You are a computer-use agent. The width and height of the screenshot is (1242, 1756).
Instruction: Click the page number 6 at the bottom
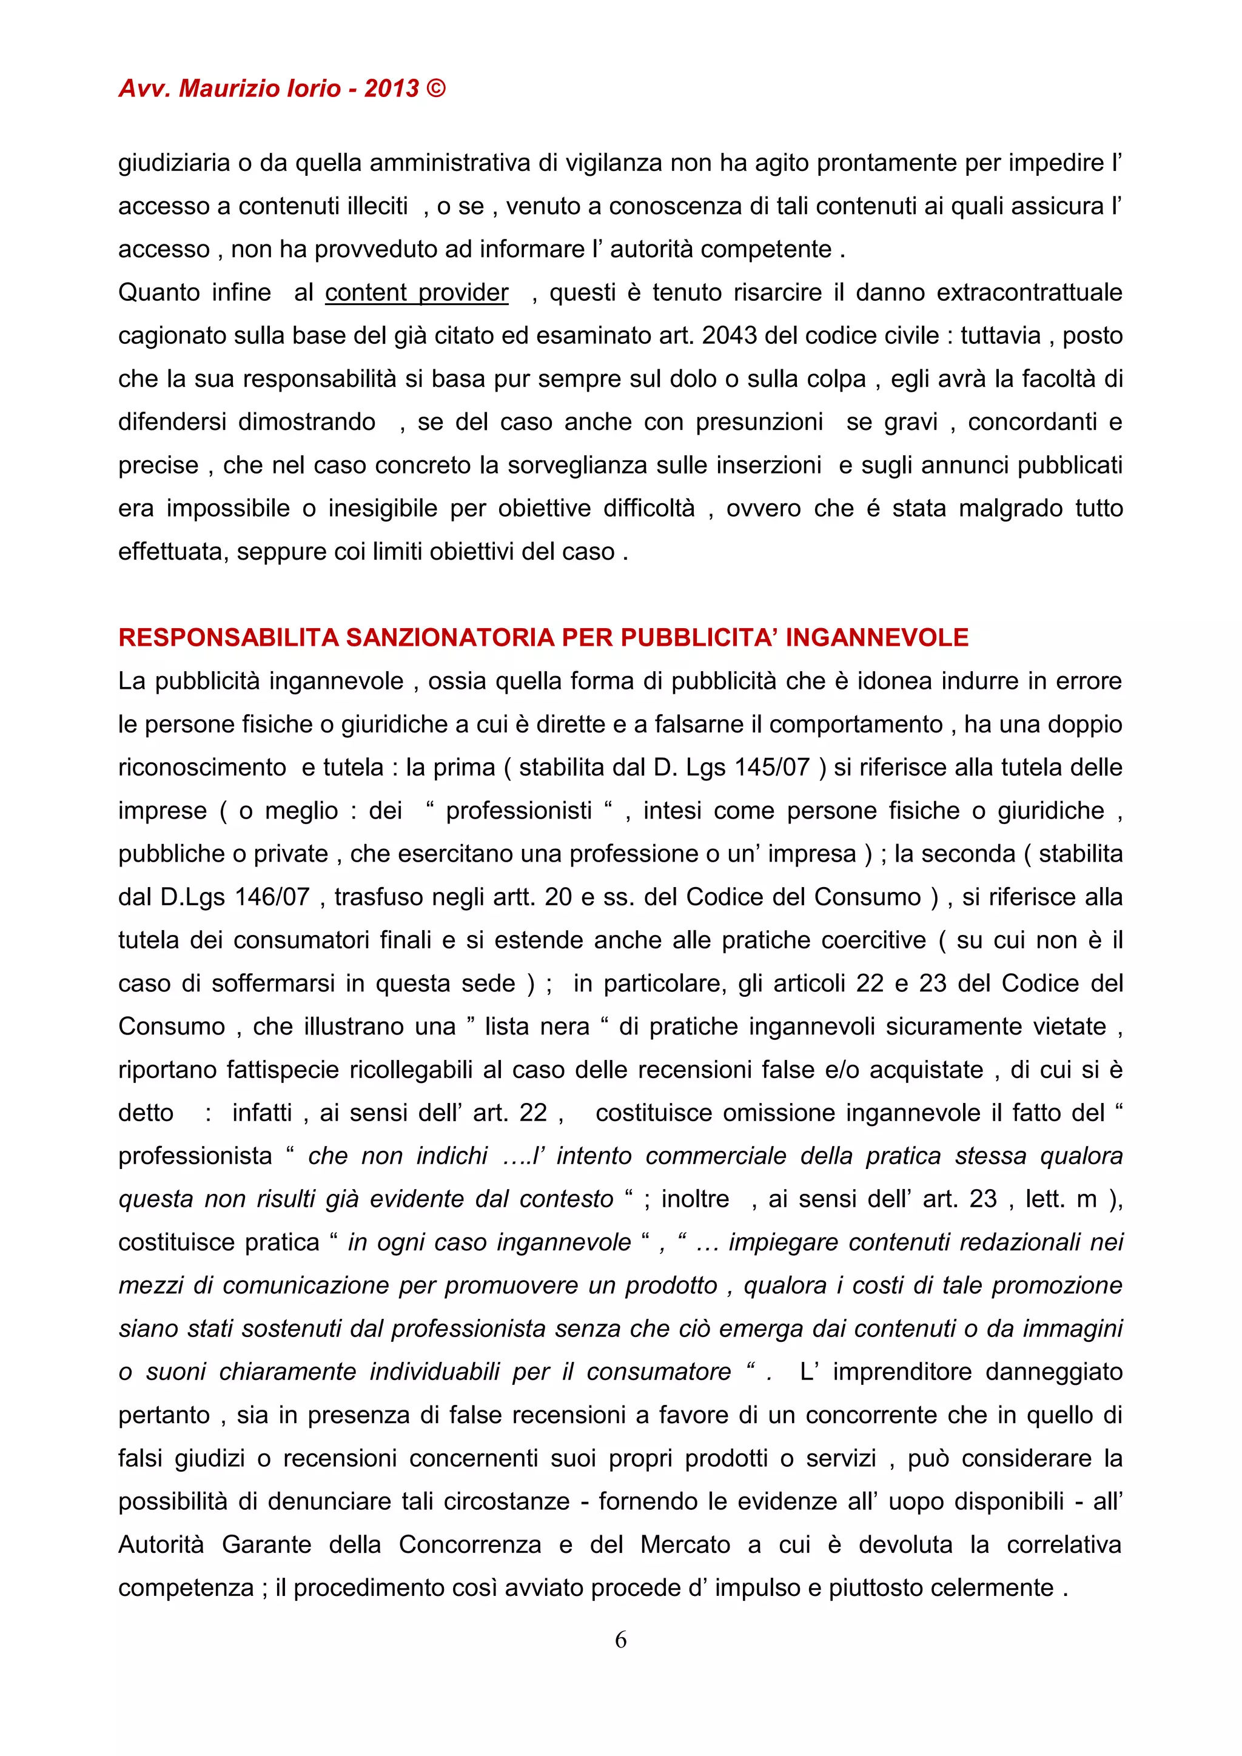(620, 1639)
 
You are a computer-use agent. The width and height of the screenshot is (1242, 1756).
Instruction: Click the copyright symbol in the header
(435, 89)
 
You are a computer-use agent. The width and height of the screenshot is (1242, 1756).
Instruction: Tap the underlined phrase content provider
(416, 292)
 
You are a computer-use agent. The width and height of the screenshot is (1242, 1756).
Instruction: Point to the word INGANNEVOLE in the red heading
(876, 637)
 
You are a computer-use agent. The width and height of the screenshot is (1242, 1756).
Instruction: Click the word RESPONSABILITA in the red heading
(228, 637)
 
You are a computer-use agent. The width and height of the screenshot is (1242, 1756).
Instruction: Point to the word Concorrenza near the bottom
(469, 1544)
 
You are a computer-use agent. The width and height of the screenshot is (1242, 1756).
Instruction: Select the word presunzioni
(759, 422)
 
